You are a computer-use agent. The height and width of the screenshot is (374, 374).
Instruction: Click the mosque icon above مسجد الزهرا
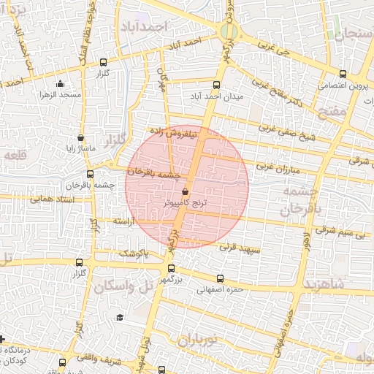click(60, 84)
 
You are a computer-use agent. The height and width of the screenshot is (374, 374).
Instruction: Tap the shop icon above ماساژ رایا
click(80, 137)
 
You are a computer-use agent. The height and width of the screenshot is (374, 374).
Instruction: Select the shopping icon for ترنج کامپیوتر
click(183, 191)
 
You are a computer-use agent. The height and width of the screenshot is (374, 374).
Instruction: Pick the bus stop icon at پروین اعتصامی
click(343, 73)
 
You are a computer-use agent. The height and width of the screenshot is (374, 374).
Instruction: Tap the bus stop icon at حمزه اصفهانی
click(221, 278)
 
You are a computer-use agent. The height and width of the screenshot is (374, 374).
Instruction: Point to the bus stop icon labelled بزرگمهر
click(171, 268)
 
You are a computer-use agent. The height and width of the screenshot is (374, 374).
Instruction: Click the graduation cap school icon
click(119, 317)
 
